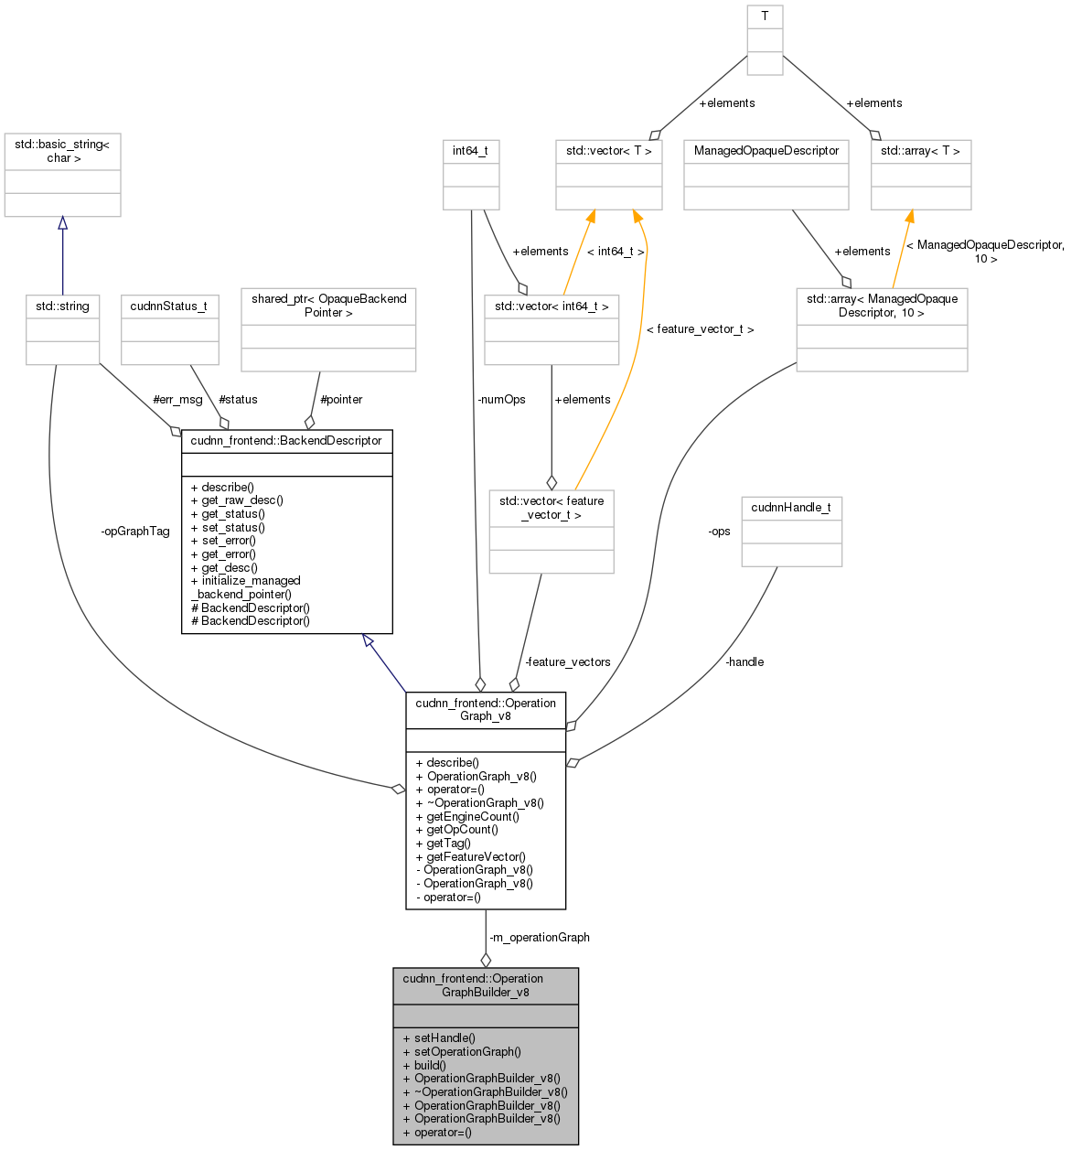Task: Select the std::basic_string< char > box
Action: (62, 174)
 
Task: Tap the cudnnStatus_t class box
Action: (169, 328)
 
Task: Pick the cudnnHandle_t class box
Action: (791, 531)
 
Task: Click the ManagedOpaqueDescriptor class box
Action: (766, 173)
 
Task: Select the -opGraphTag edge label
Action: (135, 532)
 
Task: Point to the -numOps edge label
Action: (501, 399)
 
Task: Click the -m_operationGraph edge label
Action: (540, 937)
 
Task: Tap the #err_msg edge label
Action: (177, 399)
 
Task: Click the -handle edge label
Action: (744, 661)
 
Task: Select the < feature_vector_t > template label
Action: (700, 328)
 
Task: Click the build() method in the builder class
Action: (430, 1065)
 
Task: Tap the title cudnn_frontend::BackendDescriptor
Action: (286, 441)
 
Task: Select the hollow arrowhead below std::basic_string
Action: (62, 223)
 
